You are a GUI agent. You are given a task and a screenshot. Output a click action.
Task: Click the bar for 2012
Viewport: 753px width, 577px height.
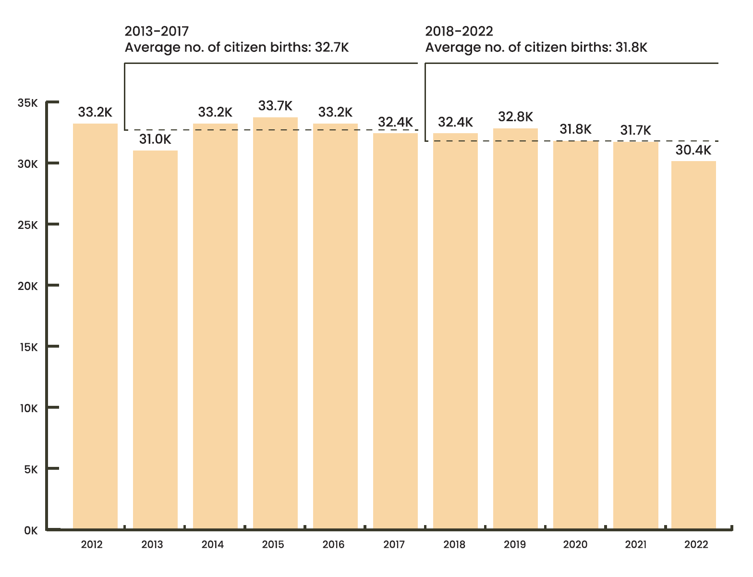click(x=95, y=326)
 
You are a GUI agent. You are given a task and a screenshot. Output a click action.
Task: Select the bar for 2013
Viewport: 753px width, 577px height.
click(x=155, y=339)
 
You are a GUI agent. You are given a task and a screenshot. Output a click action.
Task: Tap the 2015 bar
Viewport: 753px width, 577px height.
click(x=275, y=323)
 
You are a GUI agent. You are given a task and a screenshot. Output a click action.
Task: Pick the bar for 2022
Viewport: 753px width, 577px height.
click(x=693, y=345)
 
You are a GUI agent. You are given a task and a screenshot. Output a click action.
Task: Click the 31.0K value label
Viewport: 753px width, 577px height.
click(x=155, y=139)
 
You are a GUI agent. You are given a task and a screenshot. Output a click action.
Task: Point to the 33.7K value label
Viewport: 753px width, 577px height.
click(x=275, y=106)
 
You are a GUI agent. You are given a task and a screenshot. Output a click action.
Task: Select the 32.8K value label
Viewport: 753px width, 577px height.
click(x=515, y=117)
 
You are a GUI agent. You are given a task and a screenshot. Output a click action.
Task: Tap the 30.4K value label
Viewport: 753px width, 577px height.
click(x=693, y=150)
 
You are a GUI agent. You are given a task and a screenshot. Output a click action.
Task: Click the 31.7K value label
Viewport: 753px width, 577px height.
click(x=635, y=130)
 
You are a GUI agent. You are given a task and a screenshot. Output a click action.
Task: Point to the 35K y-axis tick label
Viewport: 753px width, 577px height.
click(x=27, y=103)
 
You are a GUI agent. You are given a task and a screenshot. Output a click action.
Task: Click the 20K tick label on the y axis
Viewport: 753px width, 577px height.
click(x=27, y=286)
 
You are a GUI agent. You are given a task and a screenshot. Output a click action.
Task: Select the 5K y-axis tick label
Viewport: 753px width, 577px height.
click(x=31, y=469)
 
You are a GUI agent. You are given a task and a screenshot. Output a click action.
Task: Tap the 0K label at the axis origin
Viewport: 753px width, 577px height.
click(x=31, y=531)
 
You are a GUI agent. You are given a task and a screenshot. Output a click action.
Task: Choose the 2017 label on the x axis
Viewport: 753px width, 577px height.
click(x=394, y=544)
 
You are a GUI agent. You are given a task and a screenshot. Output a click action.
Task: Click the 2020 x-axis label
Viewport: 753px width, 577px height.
click(x=575, y=544)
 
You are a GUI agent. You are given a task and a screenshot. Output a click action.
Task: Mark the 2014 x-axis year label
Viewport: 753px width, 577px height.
click(x=213, y=544)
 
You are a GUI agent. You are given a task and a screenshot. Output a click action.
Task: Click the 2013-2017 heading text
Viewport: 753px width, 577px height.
click(x=157, y=31)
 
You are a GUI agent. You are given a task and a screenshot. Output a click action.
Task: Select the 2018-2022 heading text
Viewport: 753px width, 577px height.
click(x=459, y=31)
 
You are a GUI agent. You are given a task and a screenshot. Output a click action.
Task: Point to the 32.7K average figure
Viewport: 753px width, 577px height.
click(x=332, y=47)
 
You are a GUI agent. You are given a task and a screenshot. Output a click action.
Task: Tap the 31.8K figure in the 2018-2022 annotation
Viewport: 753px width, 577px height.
click(x=631, y=47)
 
